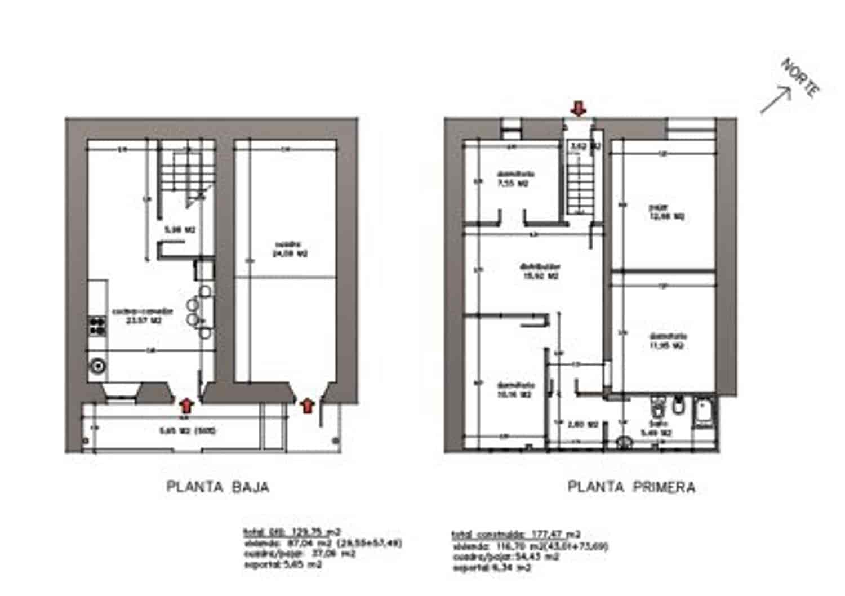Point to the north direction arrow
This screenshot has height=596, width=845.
point(776,100)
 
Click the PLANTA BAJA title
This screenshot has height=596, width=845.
point(217,487)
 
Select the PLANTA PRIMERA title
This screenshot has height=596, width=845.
point(631,487)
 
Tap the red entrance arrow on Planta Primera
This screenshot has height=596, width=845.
point(579,108)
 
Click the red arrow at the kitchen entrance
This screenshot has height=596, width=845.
point(187,405)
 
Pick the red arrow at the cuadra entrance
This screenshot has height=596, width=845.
point(307,405)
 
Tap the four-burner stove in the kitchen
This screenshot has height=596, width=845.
point(98,326)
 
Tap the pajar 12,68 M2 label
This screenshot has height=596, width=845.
point(665,212)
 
